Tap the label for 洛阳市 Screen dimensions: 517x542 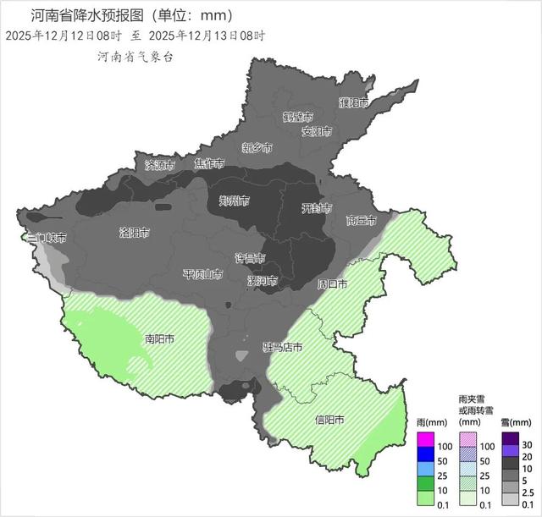click(135, 232)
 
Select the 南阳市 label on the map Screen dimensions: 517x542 click(159, 339)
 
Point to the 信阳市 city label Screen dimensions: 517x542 click(329, 421)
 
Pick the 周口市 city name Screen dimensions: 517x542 click(331, 284)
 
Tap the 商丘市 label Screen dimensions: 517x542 click(362, 221)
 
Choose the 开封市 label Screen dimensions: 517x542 click(318, 208)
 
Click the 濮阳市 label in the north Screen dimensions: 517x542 click(354, 103)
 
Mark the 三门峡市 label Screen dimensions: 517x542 click(46, 239)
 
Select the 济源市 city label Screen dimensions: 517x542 click(161, 164)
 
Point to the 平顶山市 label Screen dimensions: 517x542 click(202, 275)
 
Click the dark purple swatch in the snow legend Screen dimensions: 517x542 click(510, 439)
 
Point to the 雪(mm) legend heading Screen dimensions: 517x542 click(515, 421)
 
